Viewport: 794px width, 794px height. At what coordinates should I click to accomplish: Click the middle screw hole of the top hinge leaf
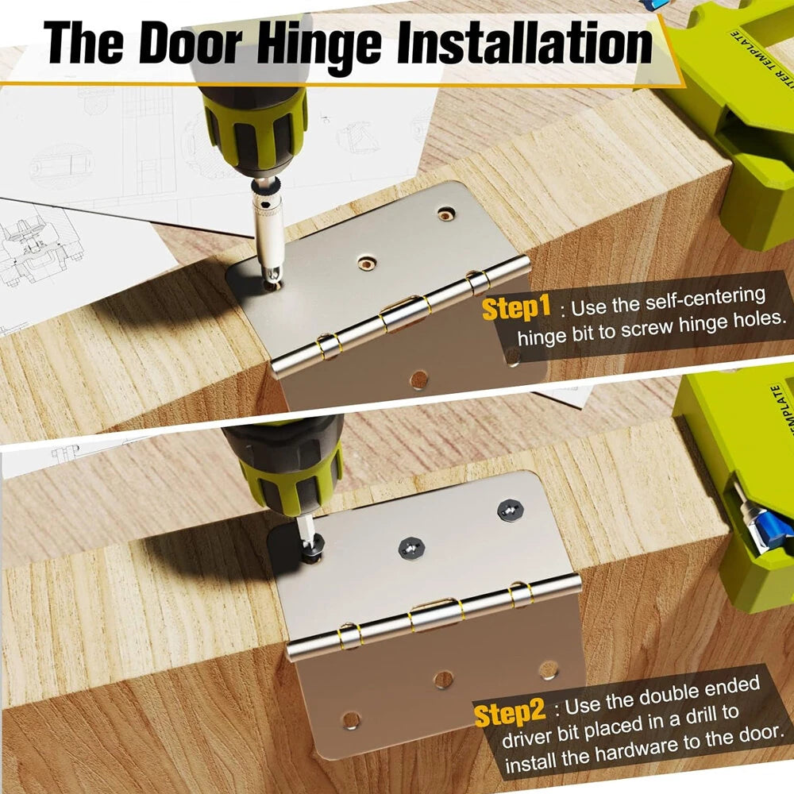pyautogui.click(x=366, y=261)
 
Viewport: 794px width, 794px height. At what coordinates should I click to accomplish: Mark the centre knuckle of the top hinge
pyautogui.click(x=403, y=313)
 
